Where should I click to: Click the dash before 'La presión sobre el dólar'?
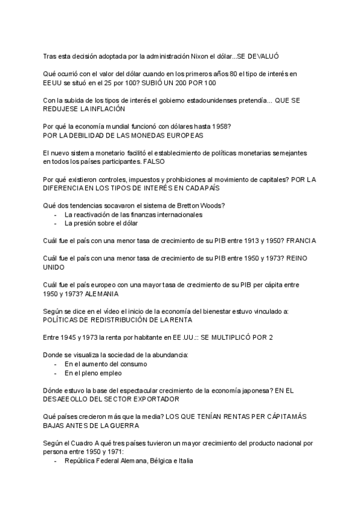(56, 223)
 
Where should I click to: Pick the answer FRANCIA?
(301, 241)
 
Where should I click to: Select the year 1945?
(72, 338)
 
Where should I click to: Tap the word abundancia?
(169, 355)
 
